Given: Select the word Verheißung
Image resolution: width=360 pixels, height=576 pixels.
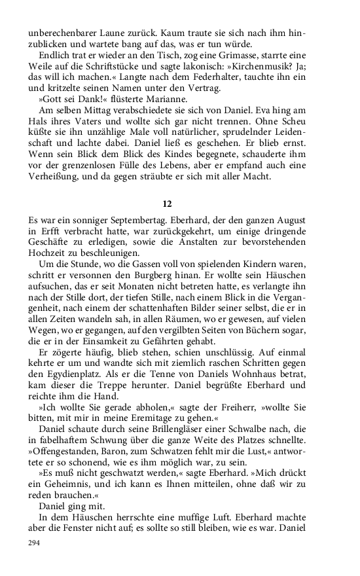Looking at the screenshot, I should click(57, 177).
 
